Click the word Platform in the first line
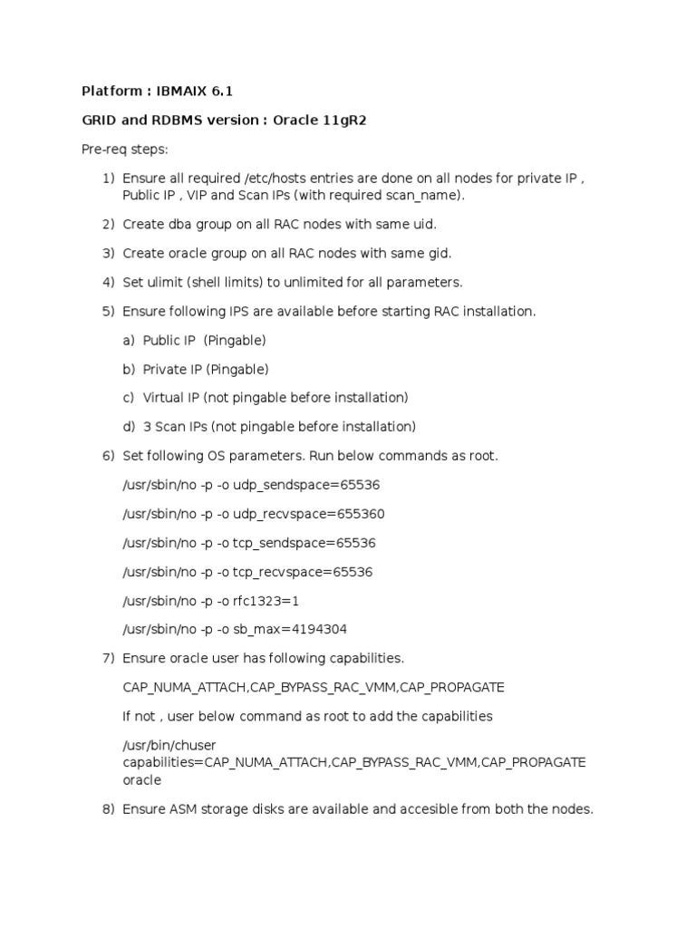(111, 92)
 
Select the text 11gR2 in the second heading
(344, 121)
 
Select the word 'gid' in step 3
(440, 253)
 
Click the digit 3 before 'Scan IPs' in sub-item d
(147, 427)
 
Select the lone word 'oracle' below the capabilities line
(141, 780)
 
